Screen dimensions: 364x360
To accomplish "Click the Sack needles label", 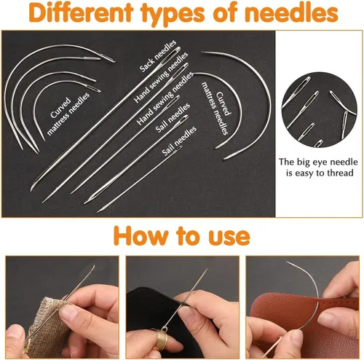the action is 158,56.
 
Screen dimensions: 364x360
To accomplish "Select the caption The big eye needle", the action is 318,162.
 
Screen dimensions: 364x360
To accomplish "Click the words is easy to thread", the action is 320,173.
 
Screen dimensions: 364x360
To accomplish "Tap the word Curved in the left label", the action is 60,108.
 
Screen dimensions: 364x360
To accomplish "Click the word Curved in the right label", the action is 223,103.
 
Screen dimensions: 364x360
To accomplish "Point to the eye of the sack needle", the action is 175,52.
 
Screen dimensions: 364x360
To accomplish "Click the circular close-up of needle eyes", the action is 319,109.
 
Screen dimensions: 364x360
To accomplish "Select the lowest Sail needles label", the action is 179,141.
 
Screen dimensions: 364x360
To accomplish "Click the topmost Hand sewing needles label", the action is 161,77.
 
